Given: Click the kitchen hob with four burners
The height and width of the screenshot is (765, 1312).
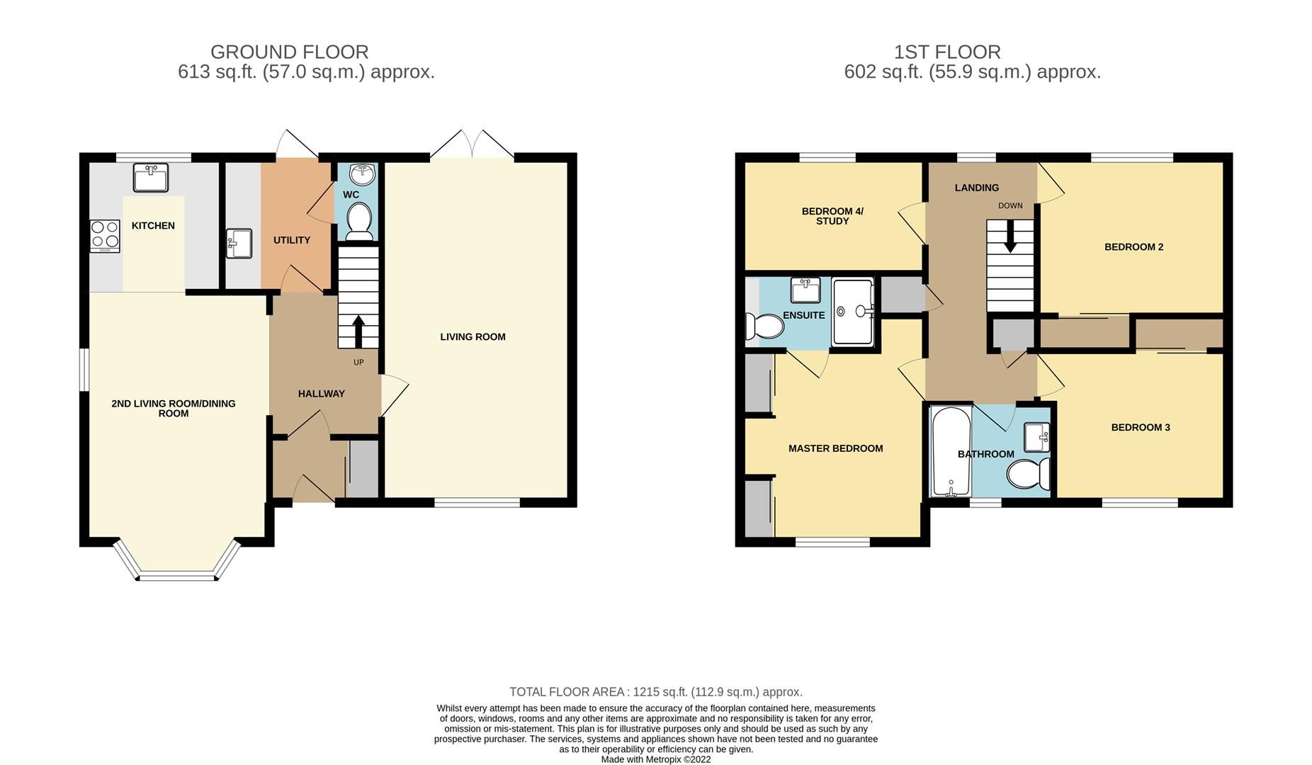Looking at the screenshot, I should coord(105,237).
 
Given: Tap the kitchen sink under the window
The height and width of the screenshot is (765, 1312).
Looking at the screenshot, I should coord(151,178).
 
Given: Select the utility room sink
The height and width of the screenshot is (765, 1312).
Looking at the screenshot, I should coord(239,244).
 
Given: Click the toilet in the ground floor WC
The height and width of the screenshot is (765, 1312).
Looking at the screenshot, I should coord(360,220).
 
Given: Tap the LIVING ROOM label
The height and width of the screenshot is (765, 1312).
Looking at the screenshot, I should coord(473,337).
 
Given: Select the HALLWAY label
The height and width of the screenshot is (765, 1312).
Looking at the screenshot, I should coord(321,394).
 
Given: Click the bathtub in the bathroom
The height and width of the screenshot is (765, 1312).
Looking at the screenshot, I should coord(948,452).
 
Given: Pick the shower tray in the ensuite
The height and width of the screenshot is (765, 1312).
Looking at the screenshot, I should coord(853,312).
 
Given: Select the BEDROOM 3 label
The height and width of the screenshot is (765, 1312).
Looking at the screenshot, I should coord(1140,428).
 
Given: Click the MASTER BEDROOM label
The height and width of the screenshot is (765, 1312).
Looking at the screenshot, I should coord(835,448).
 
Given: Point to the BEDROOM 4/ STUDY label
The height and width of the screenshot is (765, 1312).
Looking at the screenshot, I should coord(832,216).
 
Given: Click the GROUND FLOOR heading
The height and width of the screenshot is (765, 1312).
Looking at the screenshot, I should coord(289,52).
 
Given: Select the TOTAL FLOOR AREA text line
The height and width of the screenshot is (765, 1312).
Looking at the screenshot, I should coord(655,692).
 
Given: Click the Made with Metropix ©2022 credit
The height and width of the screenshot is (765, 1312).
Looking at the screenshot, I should coord(655,759).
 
